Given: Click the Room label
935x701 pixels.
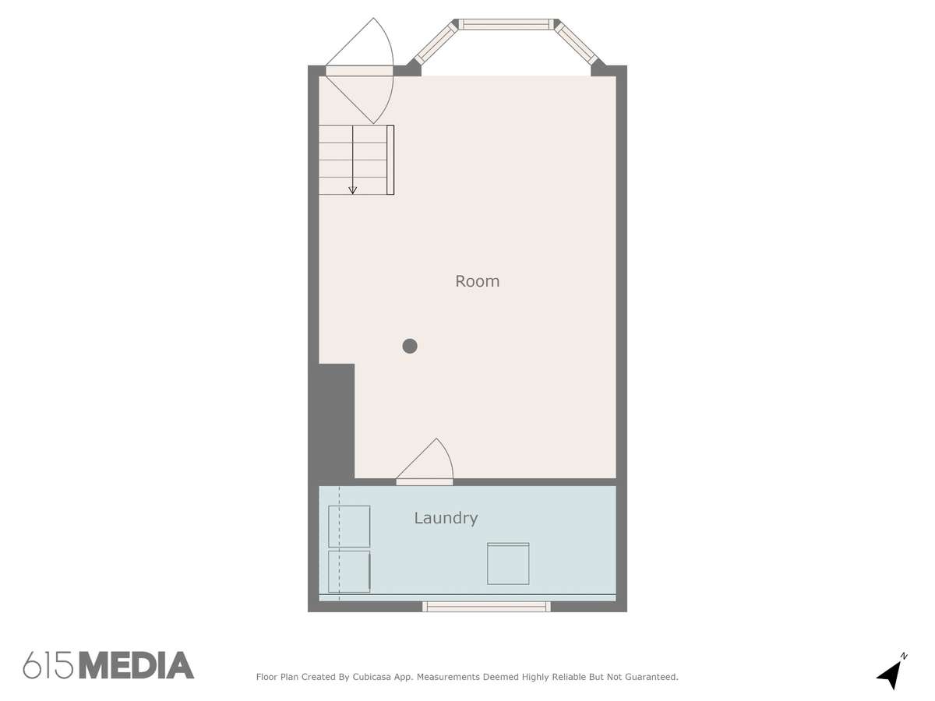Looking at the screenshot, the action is click(477, 281).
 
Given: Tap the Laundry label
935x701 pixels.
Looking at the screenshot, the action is click(446, 519).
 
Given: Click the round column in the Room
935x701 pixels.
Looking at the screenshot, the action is click(409, 346).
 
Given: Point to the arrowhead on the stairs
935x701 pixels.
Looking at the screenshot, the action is click(352, 190).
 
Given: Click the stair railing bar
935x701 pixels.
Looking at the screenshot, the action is click(390, 160).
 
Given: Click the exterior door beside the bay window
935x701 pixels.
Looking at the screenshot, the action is click(360, 71).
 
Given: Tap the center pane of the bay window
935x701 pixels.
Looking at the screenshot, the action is click(506, 24).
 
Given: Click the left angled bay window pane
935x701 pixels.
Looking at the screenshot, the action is click(435, 44).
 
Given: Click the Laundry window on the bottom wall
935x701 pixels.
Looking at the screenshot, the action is click(486, 607).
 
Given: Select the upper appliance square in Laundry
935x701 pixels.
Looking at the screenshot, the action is click(349, 527).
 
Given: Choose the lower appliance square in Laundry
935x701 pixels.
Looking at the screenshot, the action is click(349, 572).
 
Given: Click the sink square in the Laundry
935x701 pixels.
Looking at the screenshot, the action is click(508, 563).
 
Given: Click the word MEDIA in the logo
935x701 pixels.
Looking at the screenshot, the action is click(136, 665).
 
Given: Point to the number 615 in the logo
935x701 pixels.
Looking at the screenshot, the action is click(48, 665).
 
